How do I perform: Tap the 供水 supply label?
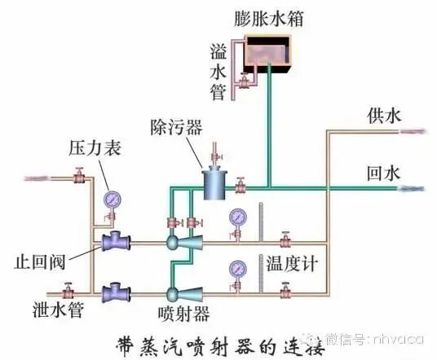point(383,116)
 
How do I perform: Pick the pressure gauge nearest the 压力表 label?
point(110,200)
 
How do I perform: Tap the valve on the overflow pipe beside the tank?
point(242,82)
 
